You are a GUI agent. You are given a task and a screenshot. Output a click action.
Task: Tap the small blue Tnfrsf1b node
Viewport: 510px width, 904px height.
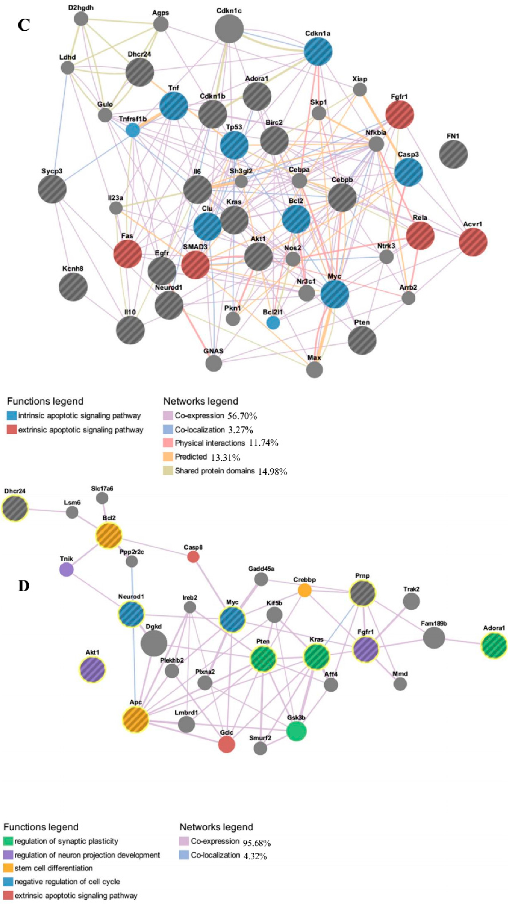click(133, 130)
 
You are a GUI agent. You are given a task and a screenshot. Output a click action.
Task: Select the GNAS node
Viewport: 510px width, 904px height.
click(213, 363)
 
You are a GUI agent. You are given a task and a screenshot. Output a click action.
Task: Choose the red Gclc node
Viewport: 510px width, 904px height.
click(226, 744)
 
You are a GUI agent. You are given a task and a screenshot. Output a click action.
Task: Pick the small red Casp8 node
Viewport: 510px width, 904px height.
click(193, 557)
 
